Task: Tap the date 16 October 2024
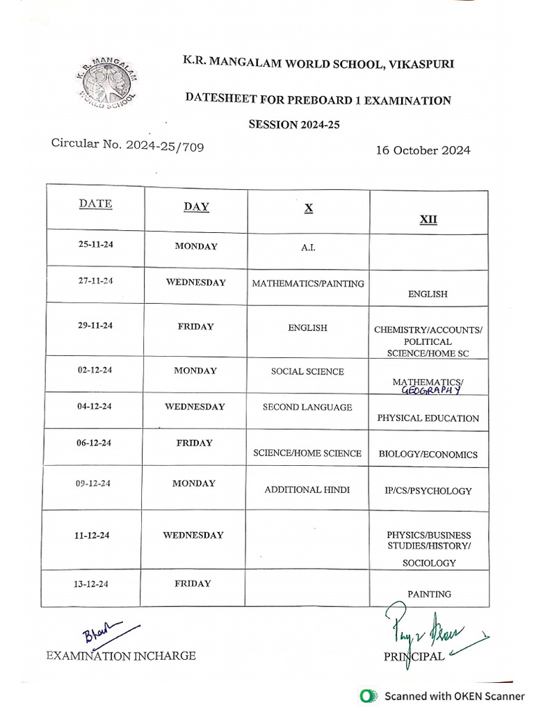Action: (x=423, y=150)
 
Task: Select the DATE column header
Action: (x=95, y=204)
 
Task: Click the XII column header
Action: (x=428, y=220)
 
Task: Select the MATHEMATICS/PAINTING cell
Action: (x=307, y=283)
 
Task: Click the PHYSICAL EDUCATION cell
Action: (x=428, y=419)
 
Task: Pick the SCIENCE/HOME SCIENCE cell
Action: (x=307, y=453)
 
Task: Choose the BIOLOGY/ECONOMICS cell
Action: (x=428, y=455)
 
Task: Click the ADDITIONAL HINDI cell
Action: (x=307, y=489)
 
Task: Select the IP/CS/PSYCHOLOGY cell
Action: (x=428, y=491)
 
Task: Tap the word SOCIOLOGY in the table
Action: (x=429, y=563)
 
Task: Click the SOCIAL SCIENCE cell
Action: (x=307, y=371)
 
